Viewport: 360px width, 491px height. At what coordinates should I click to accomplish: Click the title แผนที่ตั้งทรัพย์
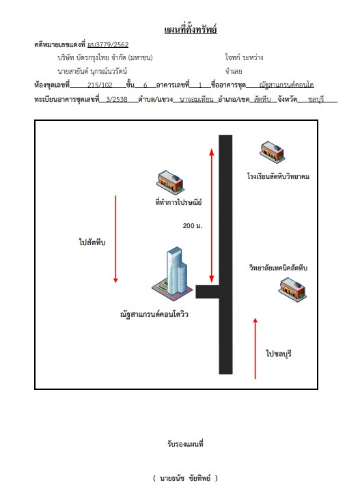(x=191, y=29)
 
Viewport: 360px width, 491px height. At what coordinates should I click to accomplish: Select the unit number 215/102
(x=100, y=85)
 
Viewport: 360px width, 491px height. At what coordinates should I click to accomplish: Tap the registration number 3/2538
(x=117, y=99)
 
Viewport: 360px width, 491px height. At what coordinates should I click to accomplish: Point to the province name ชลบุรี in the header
(x=316, y=100)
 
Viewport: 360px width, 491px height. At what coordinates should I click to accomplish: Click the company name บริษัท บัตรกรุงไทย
(x=83, y=57)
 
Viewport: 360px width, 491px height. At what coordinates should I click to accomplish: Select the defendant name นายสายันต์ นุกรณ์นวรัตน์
(x=92, y=72)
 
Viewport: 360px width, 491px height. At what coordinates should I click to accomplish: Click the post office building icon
(x=170, y=182)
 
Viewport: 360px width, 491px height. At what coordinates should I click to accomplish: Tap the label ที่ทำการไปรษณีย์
(x=178, y=202)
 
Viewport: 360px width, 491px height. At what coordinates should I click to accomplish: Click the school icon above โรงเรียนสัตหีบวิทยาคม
(x=273, y=152)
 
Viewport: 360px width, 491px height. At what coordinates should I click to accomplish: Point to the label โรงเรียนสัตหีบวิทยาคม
(x=278, y=176)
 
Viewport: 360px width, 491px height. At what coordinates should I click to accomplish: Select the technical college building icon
(x=292, y=290)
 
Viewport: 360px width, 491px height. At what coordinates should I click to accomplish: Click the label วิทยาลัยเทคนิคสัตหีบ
(x=278, y=268)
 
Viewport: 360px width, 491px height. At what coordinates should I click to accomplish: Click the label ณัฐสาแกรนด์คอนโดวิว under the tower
(x=154, y=314)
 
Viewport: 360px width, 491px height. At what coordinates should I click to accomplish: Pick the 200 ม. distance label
(x=193, y=226)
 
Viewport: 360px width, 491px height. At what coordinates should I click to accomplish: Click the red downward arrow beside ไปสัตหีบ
(x=115, y=239)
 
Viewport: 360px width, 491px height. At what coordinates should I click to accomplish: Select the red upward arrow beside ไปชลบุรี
(x=255, y=348)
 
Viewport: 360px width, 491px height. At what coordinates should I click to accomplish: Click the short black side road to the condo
(x=207, y=292)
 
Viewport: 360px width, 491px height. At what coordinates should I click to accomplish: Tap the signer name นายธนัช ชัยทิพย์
(x=185, y=478)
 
